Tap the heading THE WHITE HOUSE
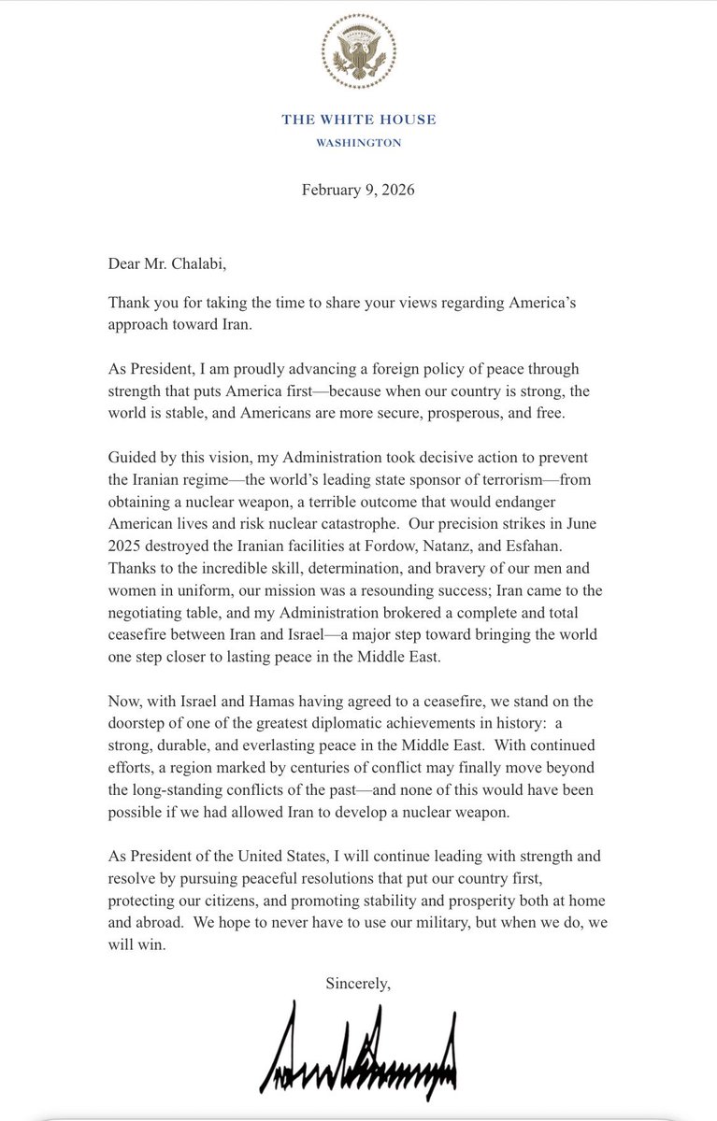pos(359,120)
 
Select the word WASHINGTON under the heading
pos(359,143)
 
